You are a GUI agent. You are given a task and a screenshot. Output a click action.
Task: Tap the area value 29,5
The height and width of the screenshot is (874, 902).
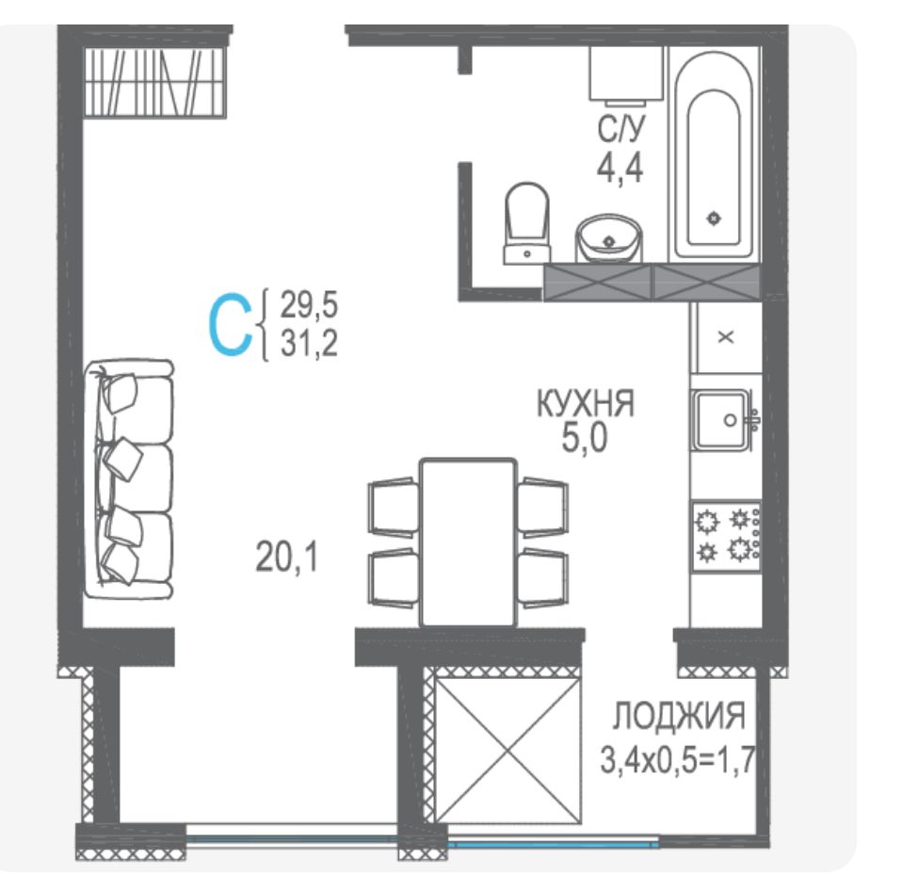pos(309,304)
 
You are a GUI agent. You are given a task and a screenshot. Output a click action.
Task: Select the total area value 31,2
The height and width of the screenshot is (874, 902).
pos(309,344)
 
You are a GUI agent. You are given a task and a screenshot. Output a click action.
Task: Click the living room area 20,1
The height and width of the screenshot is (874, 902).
pos(286,557)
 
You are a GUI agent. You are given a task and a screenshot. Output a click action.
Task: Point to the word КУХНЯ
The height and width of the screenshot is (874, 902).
pos(586,403)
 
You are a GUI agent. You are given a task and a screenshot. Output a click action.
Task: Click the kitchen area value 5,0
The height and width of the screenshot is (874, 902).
pos(585,440)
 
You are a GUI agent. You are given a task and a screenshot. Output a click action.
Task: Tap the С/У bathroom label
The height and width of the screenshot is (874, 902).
pos(620,129)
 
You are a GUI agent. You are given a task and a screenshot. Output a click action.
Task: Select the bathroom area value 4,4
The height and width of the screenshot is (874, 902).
pos(620,169)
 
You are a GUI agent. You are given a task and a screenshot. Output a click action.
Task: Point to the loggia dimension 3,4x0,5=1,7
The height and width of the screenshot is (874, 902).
pos(677,759)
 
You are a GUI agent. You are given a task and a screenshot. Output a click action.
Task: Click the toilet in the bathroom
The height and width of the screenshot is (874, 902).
pos(527,223)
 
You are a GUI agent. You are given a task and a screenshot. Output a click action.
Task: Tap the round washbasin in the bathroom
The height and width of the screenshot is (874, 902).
pos(608,238)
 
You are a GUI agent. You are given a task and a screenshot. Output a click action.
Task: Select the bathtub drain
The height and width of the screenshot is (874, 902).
pos(714,218)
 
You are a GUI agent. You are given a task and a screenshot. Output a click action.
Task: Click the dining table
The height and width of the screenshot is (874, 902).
pos(468,542)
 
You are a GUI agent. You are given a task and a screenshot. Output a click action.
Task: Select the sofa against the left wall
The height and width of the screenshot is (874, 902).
pos(128,479)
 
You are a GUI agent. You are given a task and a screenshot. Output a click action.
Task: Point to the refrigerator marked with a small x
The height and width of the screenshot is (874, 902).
pos(727,337)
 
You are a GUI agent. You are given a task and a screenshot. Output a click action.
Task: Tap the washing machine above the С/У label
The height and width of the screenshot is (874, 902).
pos(626,73)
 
